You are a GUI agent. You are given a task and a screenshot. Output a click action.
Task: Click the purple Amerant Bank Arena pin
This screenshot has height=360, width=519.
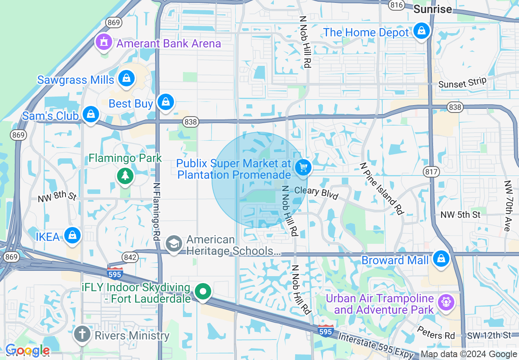[x=104, y=42]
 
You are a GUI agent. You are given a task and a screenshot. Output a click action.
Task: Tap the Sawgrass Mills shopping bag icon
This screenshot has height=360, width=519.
[x=126, y=79]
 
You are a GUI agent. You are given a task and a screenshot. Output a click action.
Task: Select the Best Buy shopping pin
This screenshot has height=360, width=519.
[x=165, y=102]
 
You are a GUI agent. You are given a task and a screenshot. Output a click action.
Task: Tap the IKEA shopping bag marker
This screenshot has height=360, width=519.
[x=72, y=236]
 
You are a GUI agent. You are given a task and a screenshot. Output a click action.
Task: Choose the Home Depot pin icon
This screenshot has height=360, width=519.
[x=421, y=31]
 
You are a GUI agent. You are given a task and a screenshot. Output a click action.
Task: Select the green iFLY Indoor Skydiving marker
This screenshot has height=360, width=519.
[x=203, y=292]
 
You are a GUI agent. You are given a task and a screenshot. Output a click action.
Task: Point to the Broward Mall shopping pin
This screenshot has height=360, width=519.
[x=441, y=259]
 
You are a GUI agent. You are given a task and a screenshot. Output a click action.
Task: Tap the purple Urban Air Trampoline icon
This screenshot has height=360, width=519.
[x=445, y=303]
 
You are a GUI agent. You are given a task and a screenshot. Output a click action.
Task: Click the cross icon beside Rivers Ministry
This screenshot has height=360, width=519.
[x=81, y=335]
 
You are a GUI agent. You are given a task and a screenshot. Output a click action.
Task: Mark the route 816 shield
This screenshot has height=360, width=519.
[x=397, y=4]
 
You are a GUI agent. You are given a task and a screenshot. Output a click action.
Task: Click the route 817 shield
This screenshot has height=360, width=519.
[x=432, y=172]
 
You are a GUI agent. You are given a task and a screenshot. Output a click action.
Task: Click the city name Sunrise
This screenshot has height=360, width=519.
[x=433, y=9]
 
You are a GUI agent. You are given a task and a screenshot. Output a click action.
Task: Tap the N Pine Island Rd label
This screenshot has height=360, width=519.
[x=381, y=188]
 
